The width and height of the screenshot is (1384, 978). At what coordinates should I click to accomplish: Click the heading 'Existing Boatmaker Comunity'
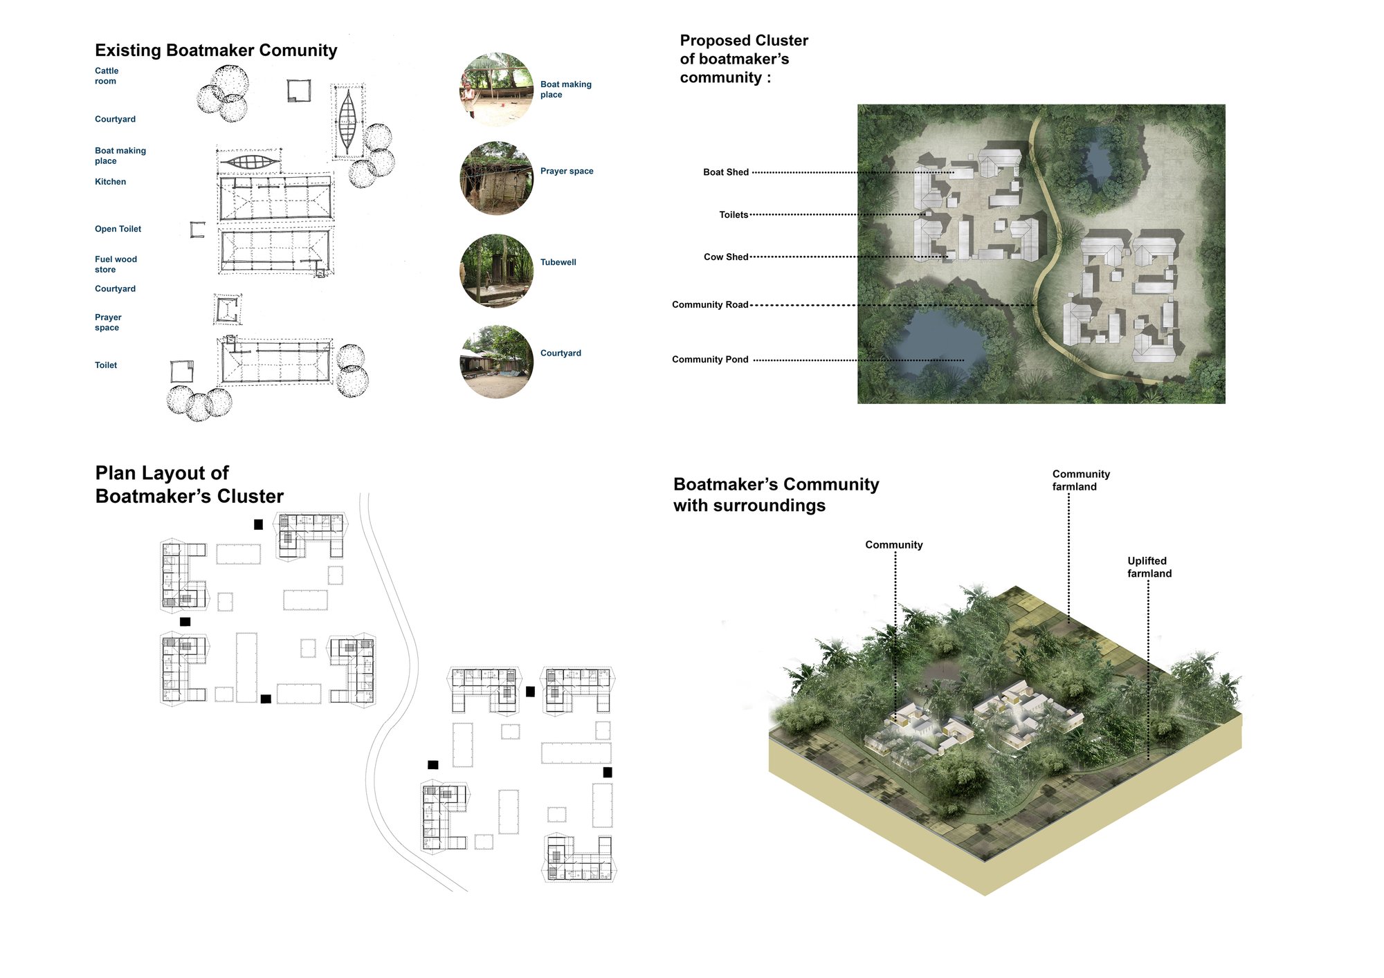coord(216,50)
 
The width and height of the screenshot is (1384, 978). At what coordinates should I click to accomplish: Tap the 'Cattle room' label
coord(107,76)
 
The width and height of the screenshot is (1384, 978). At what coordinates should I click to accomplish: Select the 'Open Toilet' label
coord(118,229)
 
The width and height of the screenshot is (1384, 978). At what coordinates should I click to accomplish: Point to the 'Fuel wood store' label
coord(116,264)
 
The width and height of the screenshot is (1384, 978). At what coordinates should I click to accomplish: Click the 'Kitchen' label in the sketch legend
coord(110,182)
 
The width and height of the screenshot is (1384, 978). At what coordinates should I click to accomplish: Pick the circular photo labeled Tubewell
coord(497,270)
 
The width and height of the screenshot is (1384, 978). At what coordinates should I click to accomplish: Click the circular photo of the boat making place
coord(497,90)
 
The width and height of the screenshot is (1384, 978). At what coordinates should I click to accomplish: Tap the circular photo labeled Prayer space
coord(497,178)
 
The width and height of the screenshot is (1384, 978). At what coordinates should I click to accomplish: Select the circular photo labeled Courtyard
coord(497,362)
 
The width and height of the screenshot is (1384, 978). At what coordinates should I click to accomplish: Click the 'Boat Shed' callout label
coord(726,172)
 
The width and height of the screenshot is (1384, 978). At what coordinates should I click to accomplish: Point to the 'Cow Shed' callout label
coord(726,257)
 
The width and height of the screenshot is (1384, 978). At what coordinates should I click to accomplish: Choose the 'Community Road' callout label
coord(710,305)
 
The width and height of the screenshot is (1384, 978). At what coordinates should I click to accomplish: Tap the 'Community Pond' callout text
coord(710,360)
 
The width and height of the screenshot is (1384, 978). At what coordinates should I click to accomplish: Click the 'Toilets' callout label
coord(734,215)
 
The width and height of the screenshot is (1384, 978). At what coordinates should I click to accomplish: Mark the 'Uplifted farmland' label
coord(1149,567)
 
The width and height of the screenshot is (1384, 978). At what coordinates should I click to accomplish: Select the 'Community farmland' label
coord(1081,480)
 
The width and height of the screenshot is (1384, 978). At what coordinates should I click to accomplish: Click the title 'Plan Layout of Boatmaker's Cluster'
coord(190,484)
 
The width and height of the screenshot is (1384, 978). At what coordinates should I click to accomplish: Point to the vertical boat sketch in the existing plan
coord(347,122)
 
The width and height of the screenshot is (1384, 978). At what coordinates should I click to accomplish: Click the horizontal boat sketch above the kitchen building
coord(249,162)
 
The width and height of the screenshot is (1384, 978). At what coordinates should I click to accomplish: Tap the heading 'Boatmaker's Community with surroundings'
coord(776,495)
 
